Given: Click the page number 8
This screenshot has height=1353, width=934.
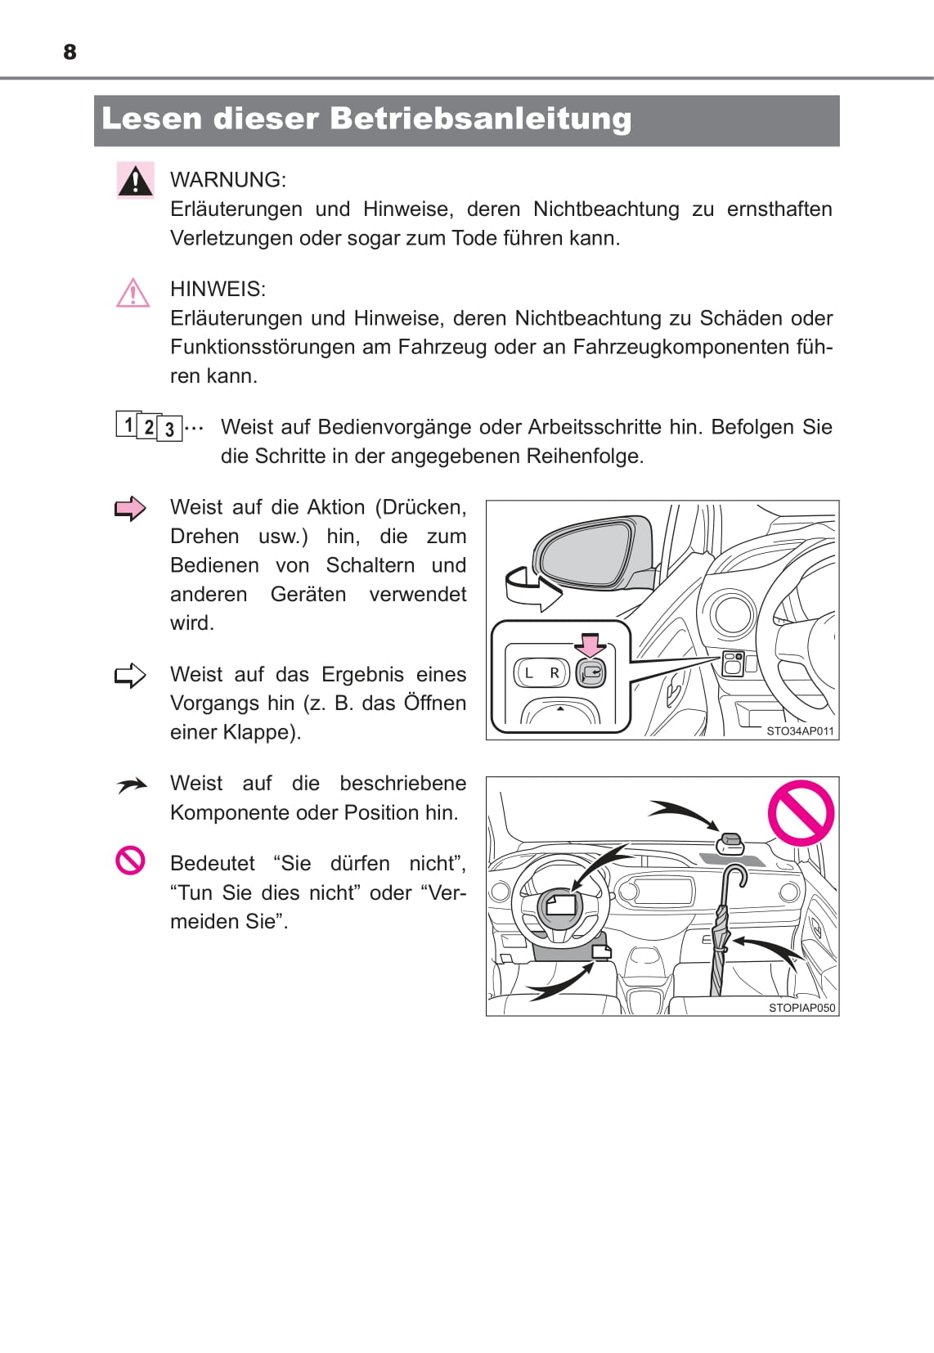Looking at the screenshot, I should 70,52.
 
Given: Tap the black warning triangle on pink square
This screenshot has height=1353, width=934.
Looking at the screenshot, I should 135,180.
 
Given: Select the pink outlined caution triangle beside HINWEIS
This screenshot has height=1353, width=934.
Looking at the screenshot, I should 132,293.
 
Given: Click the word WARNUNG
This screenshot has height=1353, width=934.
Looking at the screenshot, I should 227,180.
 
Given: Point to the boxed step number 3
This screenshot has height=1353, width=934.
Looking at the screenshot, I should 169,429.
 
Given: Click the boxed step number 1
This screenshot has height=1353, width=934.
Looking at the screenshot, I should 128,425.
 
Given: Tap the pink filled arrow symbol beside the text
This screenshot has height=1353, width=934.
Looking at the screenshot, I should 130,509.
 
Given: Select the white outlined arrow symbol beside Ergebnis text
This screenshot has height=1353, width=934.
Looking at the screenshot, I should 130,676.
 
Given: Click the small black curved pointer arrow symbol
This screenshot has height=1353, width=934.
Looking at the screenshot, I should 131,786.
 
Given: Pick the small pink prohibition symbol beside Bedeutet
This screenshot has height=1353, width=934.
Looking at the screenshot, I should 130,861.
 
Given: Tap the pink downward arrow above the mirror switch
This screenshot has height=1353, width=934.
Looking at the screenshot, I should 590,645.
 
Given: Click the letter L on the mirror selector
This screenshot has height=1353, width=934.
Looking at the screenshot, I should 528,673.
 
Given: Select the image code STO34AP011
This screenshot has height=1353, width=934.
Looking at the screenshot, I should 800,731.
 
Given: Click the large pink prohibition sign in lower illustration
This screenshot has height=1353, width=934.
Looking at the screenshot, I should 801,813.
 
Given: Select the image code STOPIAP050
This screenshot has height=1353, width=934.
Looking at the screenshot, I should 802,1008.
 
